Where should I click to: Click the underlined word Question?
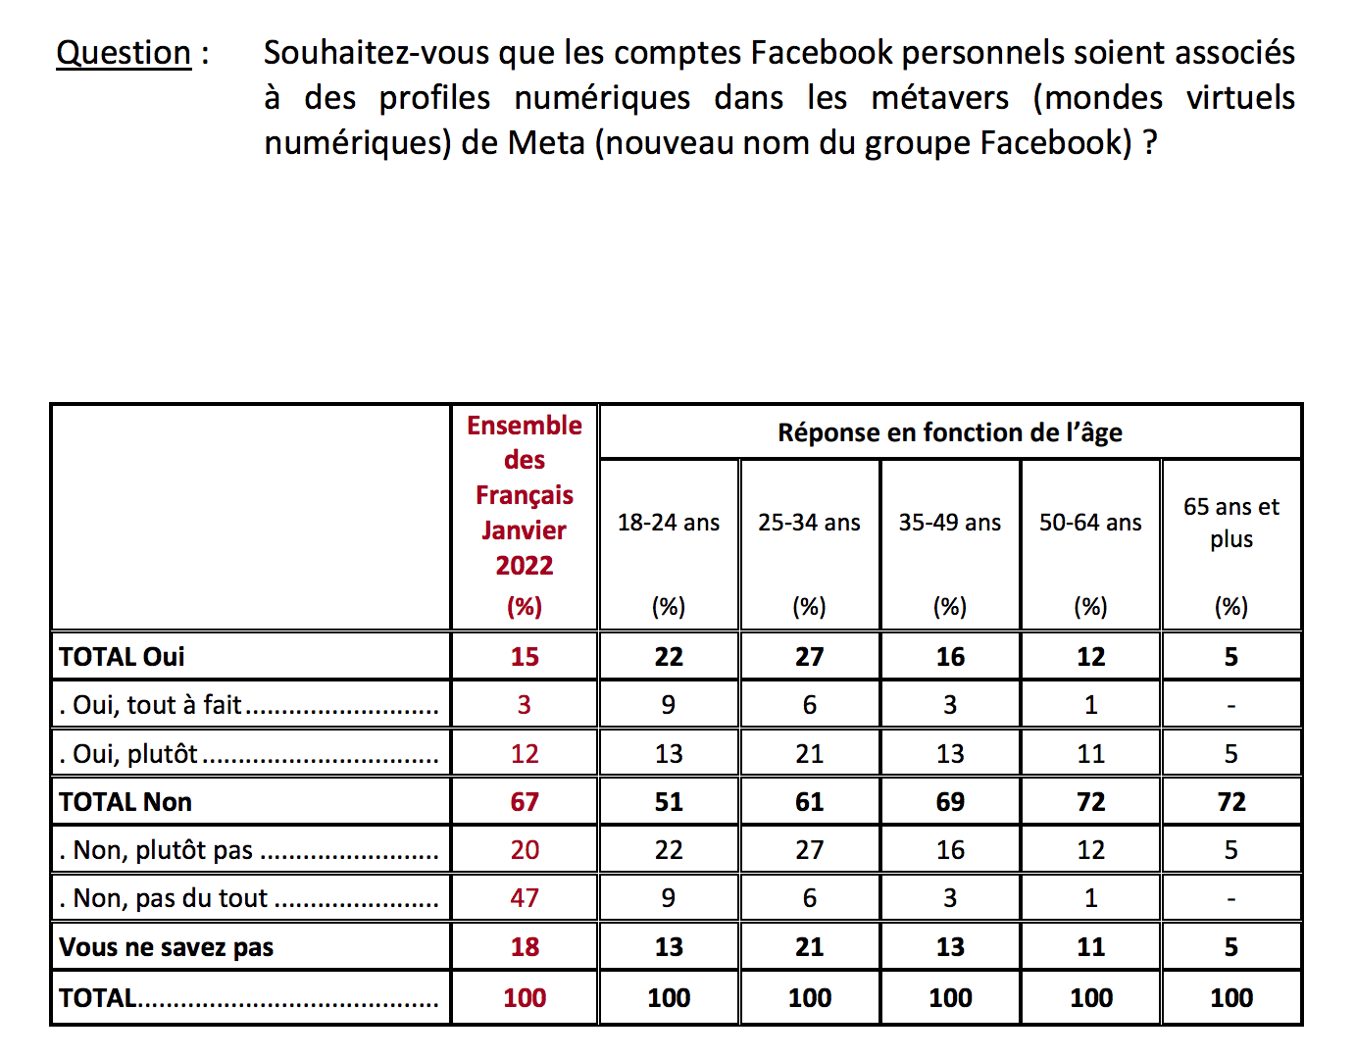pos(124,53)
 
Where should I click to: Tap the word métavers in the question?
pos(939,98)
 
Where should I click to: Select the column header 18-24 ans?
pos(669,523)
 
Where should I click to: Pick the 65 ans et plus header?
pos(1231,523)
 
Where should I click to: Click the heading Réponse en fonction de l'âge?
pos(950,432)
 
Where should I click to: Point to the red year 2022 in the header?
pos(525,566)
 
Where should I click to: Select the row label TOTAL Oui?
pos(123,657)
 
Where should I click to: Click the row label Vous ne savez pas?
pos(167,947)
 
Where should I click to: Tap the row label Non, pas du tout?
pos(171,898)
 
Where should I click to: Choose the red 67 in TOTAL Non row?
pos(525,802)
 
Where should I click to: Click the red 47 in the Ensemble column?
pos(525,898)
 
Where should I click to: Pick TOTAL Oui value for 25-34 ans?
pos(810,657)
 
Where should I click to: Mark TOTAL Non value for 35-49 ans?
pos(950,802)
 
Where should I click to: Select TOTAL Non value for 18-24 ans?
pos(669,802)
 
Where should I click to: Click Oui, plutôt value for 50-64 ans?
pos(1091,754)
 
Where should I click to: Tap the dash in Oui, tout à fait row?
pos(1231,706)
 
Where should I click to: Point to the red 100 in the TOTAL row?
pos(525,998)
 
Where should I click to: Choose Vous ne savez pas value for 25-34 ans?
pos(810,947)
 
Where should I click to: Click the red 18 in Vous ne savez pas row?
pos(525,947)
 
